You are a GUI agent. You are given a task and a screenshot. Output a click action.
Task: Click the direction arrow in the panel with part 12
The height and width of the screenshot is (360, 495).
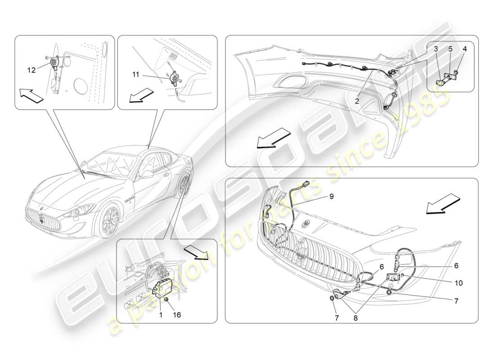pos(31,95)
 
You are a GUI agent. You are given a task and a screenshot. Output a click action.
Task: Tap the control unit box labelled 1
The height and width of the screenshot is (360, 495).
pos(161,287)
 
